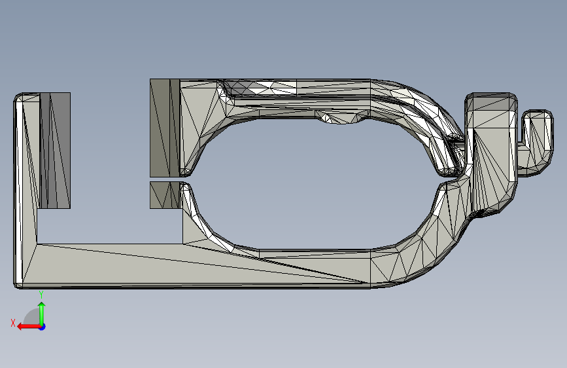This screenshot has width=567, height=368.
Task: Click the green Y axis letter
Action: tap(41, 295)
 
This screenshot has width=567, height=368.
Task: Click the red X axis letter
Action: tap(13, 323)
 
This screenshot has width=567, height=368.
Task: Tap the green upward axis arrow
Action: tap(42, 313)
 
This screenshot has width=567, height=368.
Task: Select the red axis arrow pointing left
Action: tap(29, 327)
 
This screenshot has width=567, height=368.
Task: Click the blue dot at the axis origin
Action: tap(43, 327)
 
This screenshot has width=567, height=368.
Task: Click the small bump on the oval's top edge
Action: tap(342, 117)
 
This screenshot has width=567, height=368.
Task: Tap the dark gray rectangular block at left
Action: tap(54, 151)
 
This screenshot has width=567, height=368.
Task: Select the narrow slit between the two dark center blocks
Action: tap(165, 179)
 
